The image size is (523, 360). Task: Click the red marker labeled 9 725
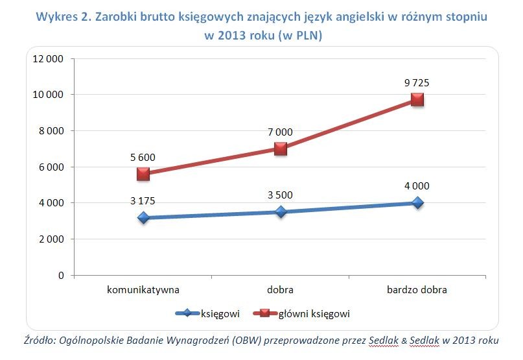417,99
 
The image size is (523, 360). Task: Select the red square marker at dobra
280,149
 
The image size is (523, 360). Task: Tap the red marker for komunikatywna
143,174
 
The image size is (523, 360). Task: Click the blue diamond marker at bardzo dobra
417,203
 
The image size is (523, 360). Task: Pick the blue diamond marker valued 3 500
280,212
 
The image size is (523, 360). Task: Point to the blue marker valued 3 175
143,218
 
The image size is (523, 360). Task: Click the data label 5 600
143,157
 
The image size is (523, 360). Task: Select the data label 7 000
280,132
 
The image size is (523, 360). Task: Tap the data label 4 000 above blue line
417,186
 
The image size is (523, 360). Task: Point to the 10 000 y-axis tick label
47,95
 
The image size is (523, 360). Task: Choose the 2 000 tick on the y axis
50,239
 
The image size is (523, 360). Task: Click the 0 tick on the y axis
61,276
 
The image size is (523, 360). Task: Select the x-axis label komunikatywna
143,290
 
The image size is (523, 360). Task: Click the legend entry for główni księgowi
314,314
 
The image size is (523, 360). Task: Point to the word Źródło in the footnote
38,340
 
